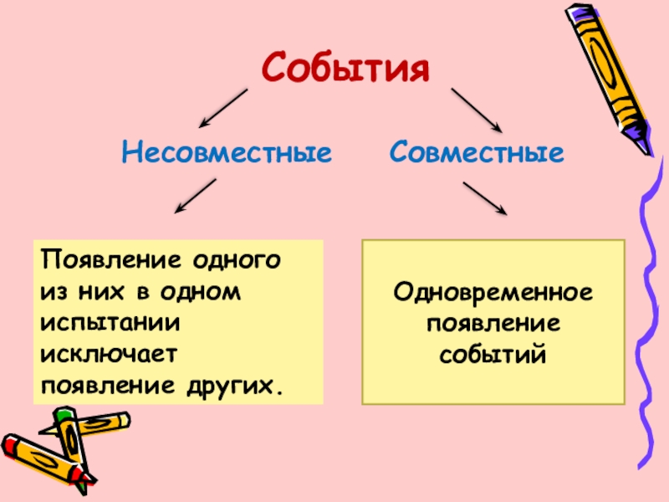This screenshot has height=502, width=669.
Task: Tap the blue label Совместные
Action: [x=475, y=153]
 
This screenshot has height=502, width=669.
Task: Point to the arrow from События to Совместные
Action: [x=476, y=109]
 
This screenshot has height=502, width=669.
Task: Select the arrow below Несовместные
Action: [x=195, y=197]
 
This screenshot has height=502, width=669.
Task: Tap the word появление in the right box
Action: [x=493, y=324]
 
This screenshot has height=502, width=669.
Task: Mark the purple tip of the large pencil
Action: [x=641, y=138]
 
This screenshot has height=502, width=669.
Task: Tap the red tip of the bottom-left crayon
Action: [x=87, y=477]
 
